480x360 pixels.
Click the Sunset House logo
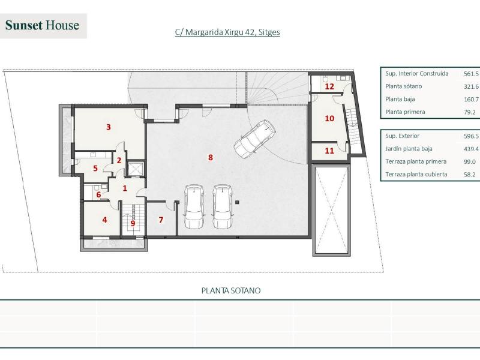tap(43, 25)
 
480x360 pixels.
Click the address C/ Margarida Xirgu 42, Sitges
tap(227, 32)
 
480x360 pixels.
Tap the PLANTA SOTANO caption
tap(231, 290)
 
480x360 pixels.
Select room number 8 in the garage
tap(210, 157)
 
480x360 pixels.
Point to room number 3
tap(108, 127)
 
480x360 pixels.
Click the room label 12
tap(329, 86)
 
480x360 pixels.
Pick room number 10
tap(329, 118)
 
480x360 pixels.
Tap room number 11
tap(329, 151)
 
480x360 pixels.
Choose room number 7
tap(160, 220)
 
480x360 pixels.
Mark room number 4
tap(104, 220)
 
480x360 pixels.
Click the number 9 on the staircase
tap(133, 223)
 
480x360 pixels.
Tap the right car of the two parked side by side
tap(222, 206)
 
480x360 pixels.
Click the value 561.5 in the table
tap(470, 74)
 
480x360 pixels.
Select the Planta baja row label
tap(400, 99)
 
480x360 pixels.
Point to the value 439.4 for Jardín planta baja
tap(470, 149)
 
